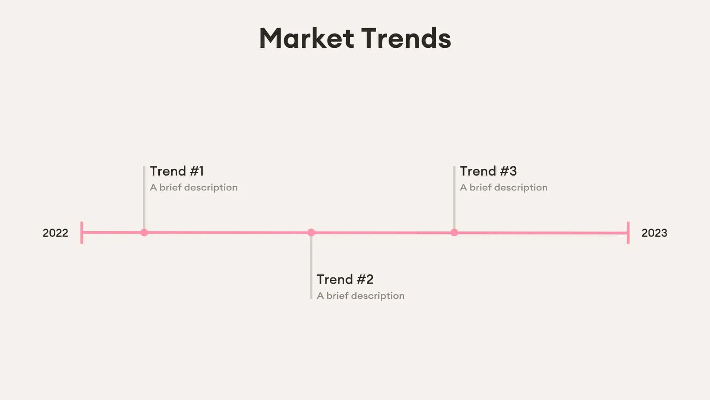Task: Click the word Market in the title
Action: tap(307, 38)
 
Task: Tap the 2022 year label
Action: tap(55, 233)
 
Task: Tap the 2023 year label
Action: tap(654, 233)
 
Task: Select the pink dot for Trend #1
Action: tap(144, 233)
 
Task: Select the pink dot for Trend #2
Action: tap(311, 233)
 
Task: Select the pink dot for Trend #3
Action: tap(454, 233)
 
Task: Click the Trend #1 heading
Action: tap(177, 171)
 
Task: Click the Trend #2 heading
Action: tap(345, 279)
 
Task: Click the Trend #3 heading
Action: tap(488, 171)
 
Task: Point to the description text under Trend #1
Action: tap(193, 187)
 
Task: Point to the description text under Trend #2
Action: tap(361, 296)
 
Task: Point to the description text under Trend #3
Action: tap(504, 187)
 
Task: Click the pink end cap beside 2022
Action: tap(82, 233)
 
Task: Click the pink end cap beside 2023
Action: tap(628, 233)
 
